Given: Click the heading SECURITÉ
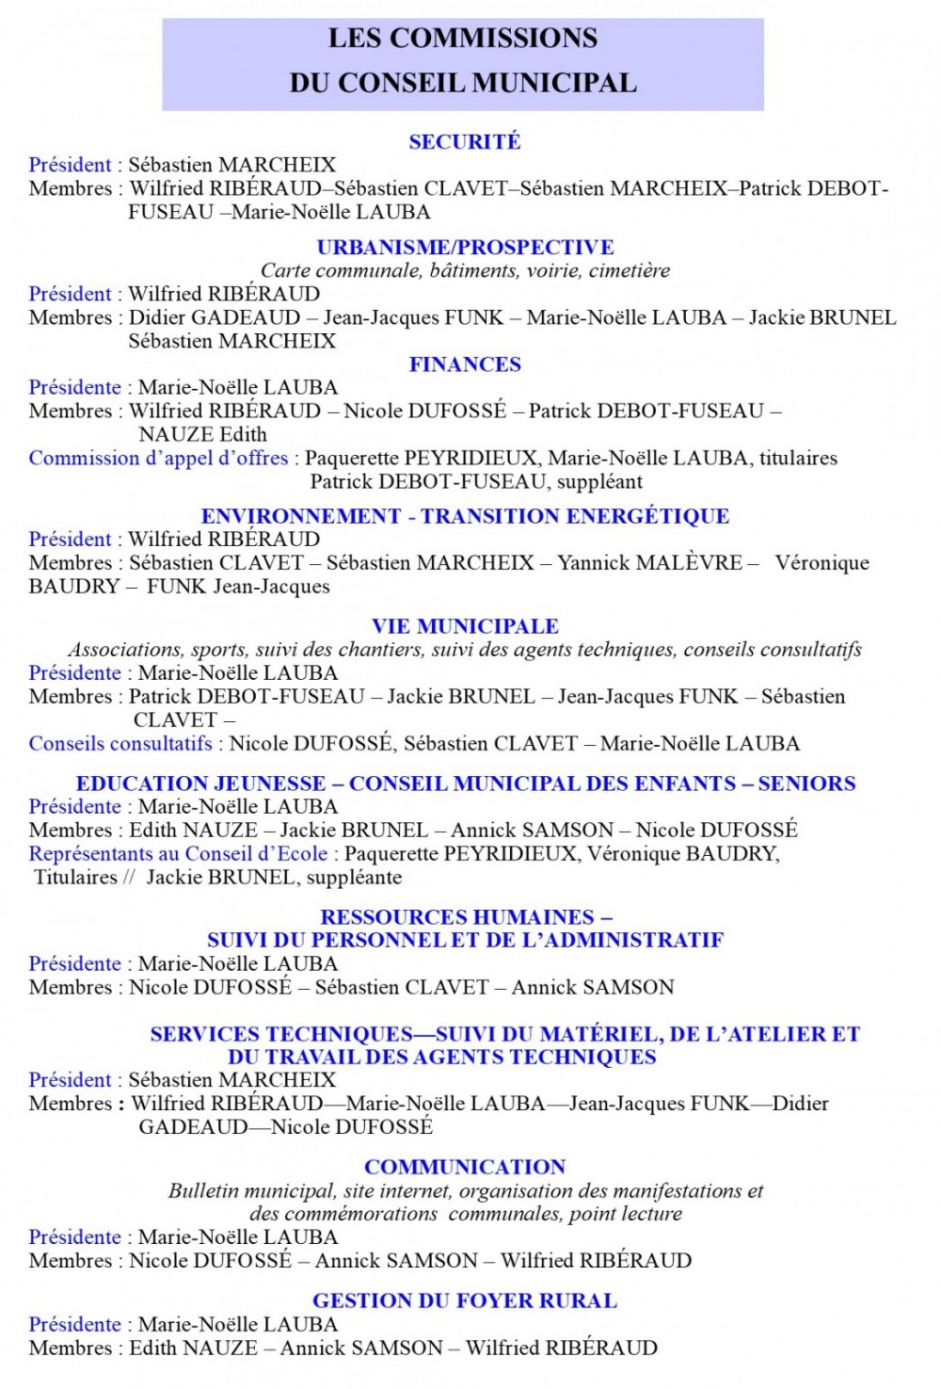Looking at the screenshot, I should point(464,142).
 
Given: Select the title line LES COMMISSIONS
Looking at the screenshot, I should point(462,39).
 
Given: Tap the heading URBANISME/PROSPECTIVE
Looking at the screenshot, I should point(465,248).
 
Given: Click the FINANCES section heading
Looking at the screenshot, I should point(465,364).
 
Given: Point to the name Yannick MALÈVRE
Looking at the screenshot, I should point(649,563).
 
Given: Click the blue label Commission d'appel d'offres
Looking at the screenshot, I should point(158,459).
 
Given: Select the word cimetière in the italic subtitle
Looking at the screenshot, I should point(630,271).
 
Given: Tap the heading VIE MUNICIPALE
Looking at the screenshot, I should point(465,626).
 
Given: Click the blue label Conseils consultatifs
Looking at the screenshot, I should point(120,744).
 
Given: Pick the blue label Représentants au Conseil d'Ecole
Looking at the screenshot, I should point(178,854).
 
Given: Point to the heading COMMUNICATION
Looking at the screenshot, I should point(465,1167).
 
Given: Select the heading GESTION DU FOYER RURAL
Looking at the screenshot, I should point(465,1300).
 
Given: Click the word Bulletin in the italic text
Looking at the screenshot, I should point(203,1191).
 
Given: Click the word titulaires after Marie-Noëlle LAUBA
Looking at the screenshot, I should point(798,459).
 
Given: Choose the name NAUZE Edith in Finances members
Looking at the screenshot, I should point(202,435).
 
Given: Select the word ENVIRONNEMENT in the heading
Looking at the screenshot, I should point(301,516).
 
